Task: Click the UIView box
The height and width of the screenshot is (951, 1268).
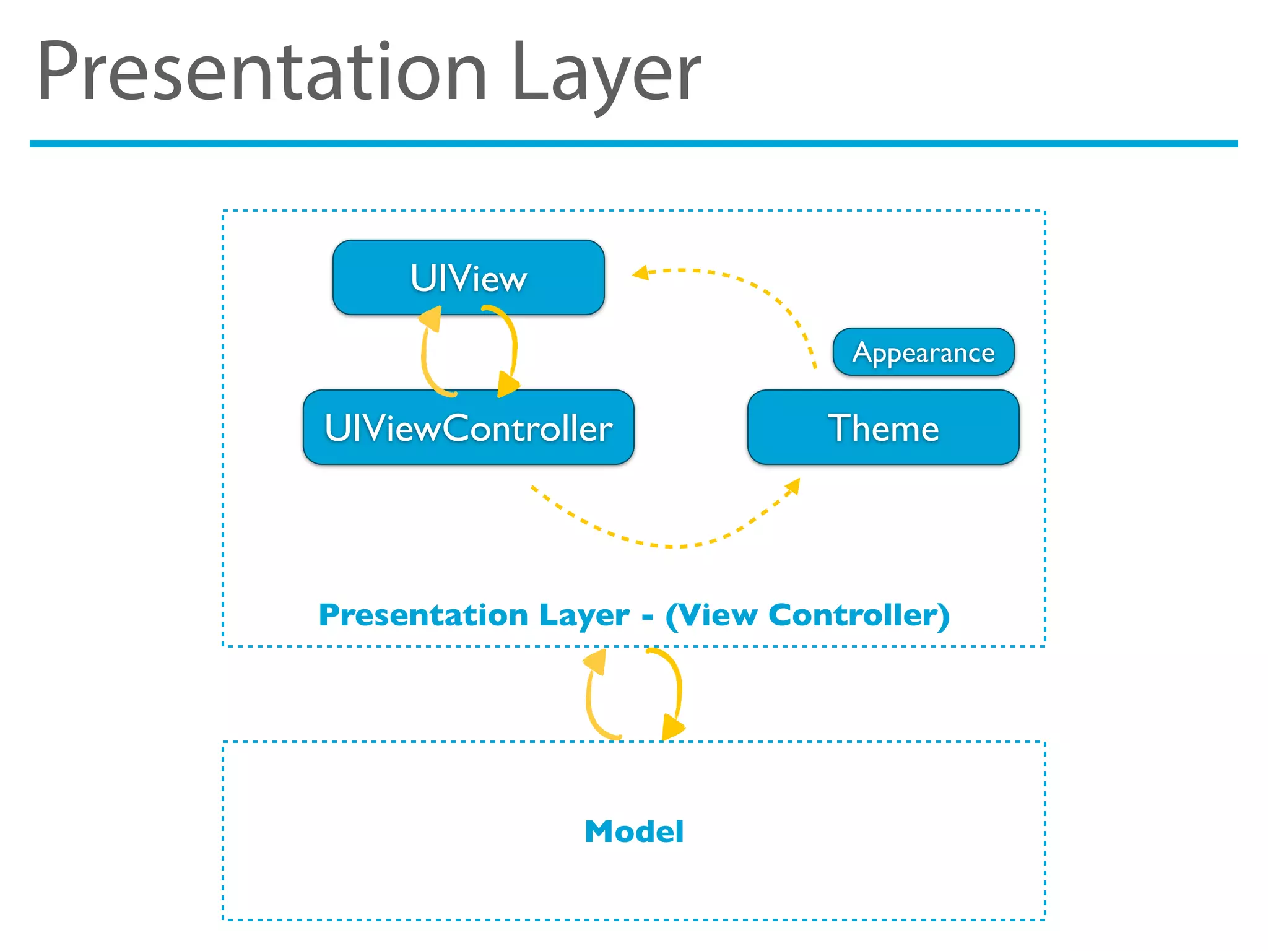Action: (468, 277)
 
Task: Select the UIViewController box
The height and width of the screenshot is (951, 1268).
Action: (468, 427)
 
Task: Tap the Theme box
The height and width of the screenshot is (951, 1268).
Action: (883, 427)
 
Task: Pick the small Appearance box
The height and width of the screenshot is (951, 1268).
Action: (923, 352)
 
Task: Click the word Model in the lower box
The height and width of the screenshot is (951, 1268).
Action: (634, 831)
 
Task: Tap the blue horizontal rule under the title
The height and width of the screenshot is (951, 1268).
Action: (634, 144)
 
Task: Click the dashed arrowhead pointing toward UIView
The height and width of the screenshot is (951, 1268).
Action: (640, 272)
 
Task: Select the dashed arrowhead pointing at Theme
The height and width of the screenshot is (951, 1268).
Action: (792, 487)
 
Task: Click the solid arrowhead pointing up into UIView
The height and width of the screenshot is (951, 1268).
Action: (431, 318)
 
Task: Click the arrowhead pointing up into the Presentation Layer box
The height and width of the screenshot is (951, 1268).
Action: (595, 661)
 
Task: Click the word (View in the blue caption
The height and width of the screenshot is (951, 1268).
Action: (711, 615)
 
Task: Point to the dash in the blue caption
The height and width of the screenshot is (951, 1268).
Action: (648, 617)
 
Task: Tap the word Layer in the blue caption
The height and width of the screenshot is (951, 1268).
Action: (584, 615)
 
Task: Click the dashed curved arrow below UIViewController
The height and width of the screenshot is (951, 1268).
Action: (669, 545)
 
